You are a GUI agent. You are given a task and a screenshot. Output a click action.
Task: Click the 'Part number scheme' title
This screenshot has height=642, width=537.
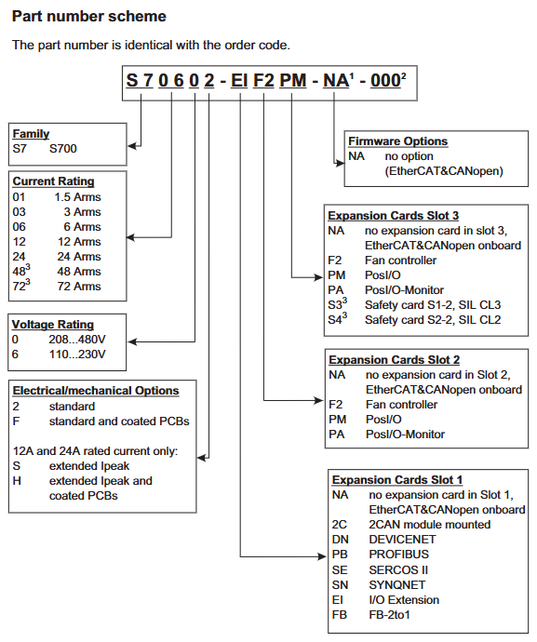click(x=89, y=17)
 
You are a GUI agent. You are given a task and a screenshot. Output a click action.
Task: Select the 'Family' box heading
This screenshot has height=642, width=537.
click(x=31, y=134)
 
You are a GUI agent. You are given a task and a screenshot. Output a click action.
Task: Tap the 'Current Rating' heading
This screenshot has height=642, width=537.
click(x=53, y=181)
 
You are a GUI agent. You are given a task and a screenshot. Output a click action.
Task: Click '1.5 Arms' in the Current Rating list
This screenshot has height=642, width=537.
click(x=77, y=197)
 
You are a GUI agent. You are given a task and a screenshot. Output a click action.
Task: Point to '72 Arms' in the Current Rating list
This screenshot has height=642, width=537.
click(x=79, y=287)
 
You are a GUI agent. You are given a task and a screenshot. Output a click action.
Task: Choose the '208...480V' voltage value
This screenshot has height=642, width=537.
click(x=77, y=340)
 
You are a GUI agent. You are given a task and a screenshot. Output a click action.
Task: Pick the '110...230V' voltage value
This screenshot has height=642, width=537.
click(x=77, y=354)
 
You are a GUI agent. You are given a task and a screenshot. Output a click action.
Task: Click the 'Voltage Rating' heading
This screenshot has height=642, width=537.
click(x=53, y=325)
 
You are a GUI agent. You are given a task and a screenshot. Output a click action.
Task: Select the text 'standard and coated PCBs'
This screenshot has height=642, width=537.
click(x=119, y=421)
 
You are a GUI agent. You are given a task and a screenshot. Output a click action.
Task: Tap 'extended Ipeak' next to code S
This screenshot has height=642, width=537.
click(x=89, y=466)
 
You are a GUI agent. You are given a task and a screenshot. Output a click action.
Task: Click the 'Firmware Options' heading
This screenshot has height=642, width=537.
click(x=397, y=141)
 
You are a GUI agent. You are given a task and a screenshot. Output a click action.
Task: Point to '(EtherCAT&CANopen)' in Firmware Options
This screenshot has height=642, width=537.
click(x=444, y=171)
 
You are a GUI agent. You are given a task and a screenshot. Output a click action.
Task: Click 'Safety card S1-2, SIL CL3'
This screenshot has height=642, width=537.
click(x=433, y=305)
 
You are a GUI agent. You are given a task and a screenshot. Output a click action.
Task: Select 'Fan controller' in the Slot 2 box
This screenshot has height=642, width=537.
click(x=401, y=405)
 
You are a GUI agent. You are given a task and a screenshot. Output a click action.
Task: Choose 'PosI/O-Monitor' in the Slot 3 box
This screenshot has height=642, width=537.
click(x=404, y=290)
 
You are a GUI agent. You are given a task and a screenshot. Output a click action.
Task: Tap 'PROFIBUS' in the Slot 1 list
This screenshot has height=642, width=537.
click(x=398, y=555)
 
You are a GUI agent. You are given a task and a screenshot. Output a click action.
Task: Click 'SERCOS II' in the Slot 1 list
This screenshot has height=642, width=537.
click(x=398, y=570)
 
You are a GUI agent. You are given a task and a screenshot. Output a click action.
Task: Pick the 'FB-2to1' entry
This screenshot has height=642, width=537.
click(x=389, y=615)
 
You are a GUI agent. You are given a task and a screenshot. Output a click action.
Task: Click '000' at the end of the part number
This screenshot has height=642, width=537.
click(x=385, y=81)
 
